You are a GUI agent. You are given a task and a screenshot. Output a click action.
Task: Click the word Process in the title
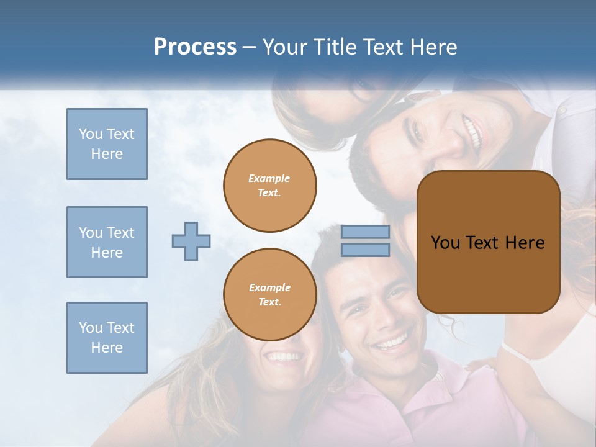coord(195,47)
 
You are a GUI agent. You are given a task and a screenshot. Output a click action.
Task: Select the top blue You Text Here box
coord(107,144)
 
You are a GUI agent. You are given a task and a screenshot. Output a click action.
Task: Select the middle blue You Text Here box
coord(107,242)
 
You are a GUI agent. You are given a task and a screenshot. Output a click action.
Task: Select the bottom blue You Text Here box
coord(107,338)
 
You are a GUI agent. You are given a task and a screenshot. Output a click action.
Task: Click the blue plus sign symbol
coord(191,241)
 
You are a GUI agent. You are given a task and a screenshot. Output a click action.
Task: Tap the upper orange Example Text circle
coord(270,186)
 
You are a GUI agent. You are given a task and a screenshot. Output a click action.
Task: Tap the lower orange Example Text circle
coord(270,295)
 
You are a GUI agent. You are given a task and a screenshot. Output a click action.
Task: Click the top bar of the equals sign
coord(365,232)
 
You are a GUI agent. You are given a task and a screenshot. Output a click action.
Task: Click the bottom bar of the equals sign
coord(365,250)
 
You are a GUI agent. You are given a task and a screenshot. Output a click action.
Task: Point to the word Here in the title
coord(435,47)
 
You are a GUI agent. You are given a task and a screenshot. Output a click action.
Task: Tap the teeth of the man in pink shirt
coord(391,342)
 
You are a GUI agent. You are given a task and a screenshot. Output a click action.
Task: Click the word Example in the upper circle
coord(269,178)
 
